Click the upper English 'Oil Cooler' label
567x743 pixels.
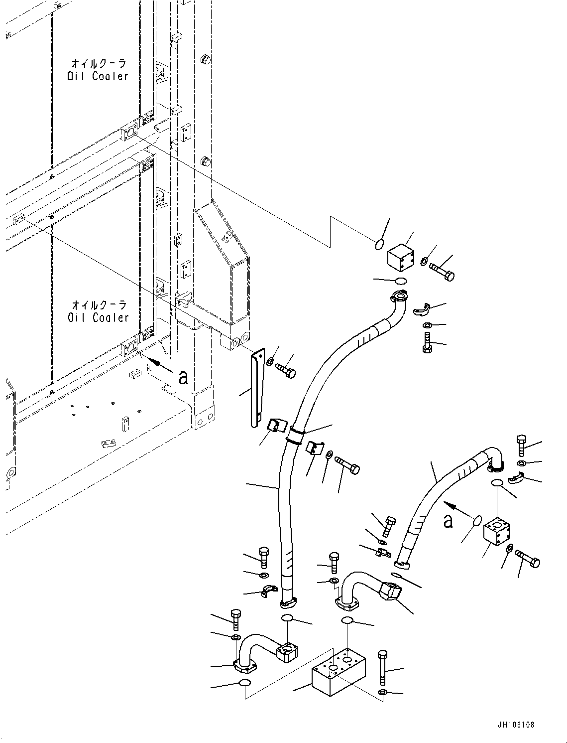point(98,76)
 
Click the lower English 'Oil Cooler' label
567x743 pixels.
point(98,317)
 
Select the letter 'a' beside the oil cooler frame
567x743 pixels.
point(183,377)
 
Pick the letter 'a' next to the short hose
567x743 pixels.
point(449,521)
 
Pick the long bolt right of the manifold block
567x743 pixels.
point(382,668)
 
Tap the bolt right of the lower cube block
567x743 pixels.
point(528,559)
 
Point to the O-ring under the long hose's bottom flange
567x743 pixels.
point(287,618)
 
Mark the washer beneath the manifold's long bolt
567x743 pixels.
point(382,693)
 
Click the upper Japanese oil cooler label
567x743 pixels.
point(99,63)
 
